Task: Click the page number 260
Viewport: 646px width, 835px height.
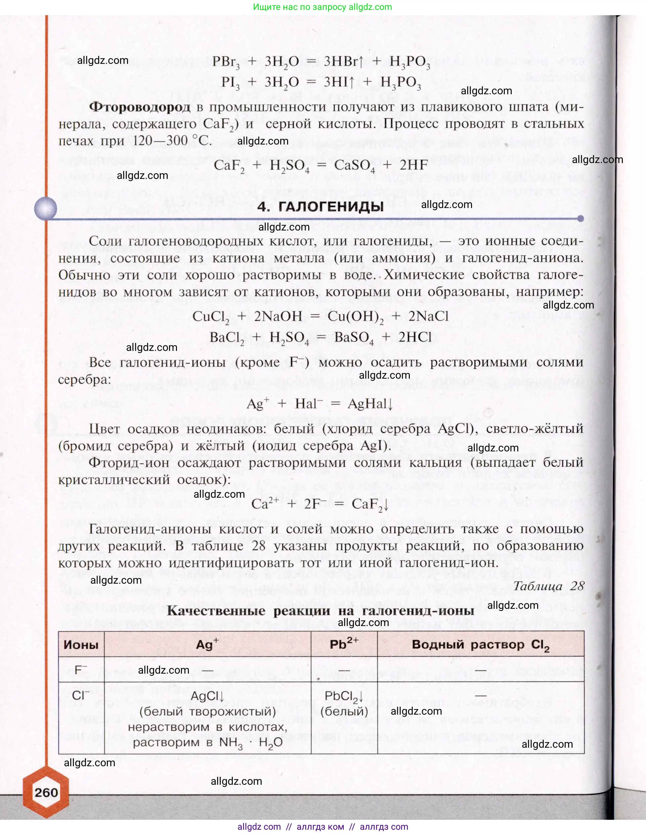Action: click(46, 792)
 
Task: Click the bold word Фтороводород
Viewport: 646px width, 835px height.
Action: click(140, 107)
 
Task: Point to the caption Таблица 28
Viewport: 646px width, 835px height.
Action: click(548, 586)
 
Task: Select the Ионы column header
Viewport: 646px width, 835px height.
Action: click(81, 645)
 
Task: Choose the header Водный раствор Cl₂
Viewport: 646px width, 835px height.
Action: click(480, 645)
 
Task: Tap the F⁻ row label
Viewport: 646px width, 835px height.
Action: click(81, 670)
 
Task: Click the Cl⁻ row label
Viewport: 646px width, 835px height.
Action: click(81, 695)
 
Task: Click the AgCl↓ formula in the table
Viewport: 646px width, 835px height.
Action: click(207, 696)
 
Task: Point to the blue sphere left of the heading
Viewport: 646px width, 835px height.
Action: click(46, 208)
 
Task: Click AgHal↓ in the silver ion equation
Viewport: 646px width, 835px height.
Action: click(370, 404)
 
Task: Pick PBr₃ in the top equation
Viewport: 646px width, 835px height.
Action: click(226, 62)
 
